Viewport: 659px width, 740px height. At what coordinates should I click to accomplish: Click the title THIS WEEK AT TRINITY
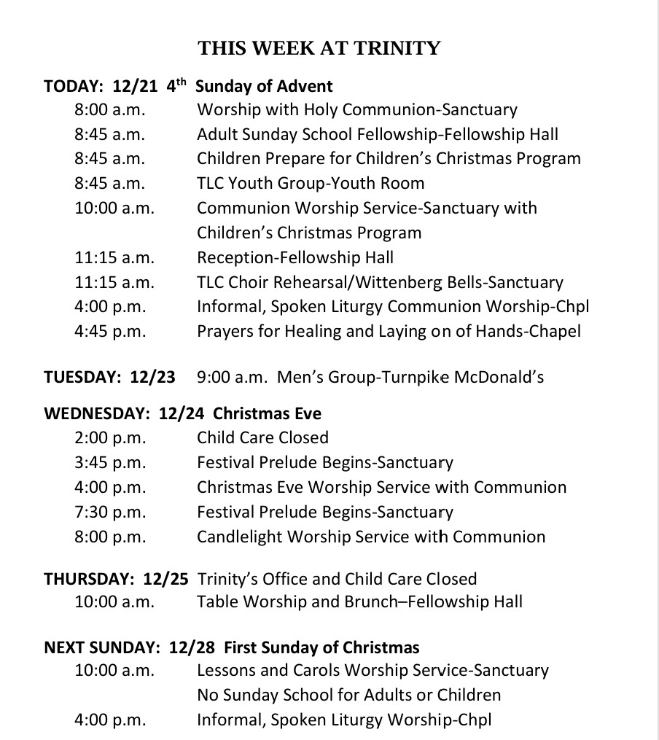[x=319, y=49]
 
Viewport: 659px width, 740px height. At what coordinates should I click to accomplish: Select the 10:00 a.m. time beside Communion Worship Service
[x=114, y=208]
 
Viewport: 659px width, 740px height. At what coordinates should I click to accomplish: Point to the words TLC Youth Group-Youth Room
[x=311, y=183]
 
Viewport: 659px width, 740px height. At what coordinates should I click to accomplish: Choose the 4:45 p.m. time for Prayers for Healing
[x=110, y=331]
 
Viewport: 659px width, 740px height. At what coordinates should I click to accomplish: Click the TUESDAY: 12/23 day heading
[x=109, y=377]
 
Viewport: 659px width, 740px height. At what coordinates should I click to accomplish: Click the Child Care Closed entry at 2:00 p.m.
[x=262, y=437]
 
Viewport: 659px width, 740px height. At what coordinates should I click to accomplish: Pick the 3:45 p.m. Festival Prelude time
[x=110, y=462]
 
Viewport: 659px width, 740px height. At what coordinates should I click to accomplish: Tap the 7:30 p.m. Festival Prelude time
[x=110, y=512]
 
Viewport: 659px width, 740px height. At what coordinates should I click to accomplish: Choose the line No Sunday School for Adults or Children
[x=348, y=695]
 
